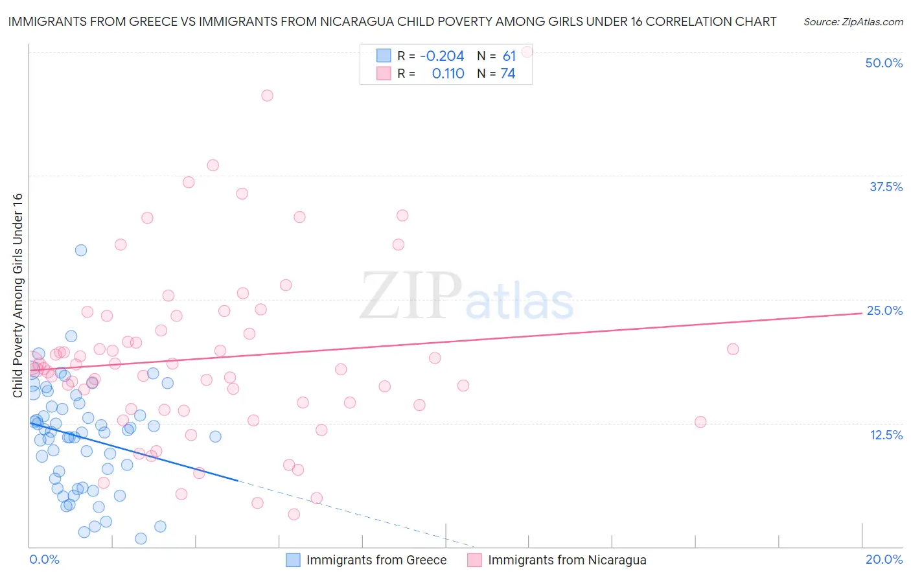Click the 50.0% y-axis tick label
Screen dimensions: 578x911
pyautogui.click(x=884, y=63)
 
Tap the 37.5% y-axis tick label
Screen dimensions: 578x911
pyautogui.click(x=886, y=187)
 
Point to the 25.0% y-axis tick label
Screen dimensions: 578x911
pyautogui.click(x=884, y=310)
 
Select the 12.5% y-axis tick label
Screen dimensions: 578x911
pyautogui.click(x=886, y=435)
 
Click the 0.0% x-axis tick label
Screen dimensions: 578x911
pyautogui.click(x=44, y=559)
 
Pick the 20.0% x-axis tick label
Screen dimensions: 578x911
pyautogui.click(x=884, y=559)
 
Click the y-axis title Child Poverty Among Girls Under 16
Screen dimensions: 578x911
pyautogui.click(x=17, y=295)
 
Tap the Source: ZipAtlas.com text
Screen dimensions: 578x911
pyautogui.click(x=853, y=22)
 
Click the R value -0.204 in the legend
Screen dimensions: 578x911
pyautogui.click(x=442, y=56)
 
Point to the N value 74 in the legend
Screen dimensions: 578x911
pyautogui.click(x=508, y=74)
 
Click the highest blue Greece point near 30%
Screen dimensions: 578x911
pyautogui.click(x=81, y=250)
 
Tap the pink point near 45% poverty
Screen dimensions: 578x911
pyautogui.click(x=267, y=96)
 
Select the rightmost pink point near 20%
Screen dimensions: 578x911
pyautogui.click(x=733, y=349)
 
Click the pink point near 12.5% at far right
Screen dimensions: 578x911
pyautogui.click(x=700, y=422)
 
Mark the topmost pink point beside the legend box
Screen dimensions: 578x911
pyautogui.click(x=527, y=51)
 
